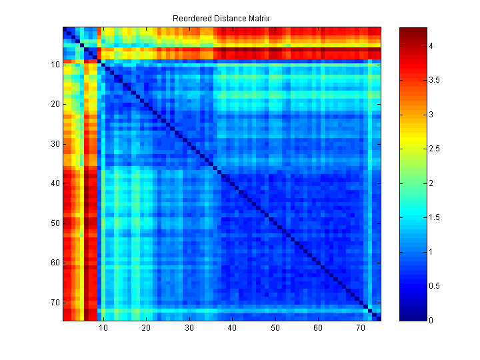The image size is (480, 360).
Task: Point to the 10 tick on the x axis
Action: coord(103,329)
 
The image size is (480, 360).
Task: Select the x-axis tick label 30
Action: coord(189,329)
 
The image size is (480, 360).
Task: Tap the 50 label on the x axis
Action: coord(275,329)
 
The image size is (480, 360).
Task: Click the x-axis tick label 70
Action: coord(361,329)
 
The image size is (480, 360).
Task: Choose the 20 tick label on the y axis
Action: coord(56,104)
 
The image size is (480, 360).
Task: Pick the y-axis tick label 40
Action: coord(56,183)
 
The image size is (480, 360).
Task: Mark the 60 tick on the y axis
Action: coord(56,263)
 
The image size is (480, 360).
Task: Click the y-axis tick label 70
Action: coord(56,302)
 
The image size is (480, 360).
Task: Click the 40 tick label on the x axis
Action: coord(232,329)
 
